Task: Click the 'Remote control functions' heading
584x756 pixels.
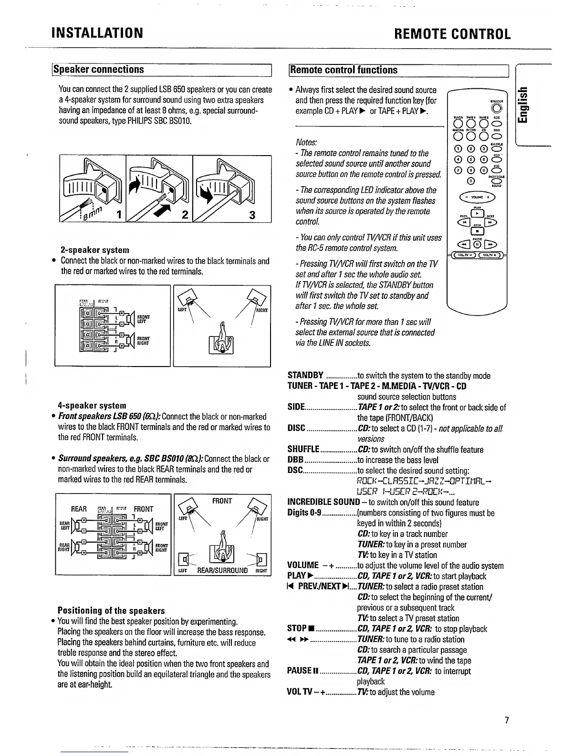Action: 344,70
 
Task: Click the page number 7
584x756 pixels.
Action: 507,720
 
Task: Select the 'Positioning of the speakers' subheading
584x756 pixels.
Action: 111,610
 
